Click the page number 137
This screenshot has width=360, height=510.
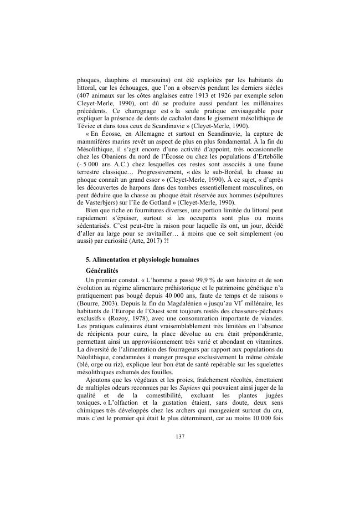(179, 436)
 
